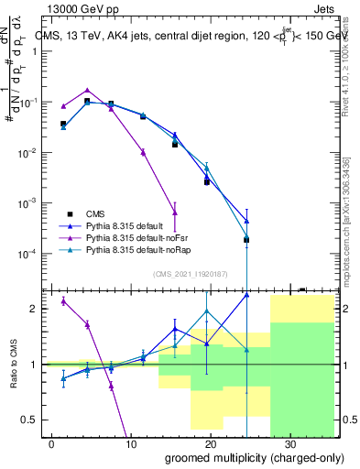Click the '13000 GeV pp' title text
point(85,8)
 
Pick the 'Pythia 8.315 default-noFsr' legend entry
point(138,236)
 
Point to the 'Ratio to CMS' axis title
point(14,364)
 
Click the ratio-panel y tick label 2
point(35,309)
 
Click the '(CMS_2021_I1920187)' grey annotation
point(190,273)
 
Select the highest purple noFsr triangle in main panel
point(87,91)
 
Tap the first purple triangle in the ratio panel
point(63,300)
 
